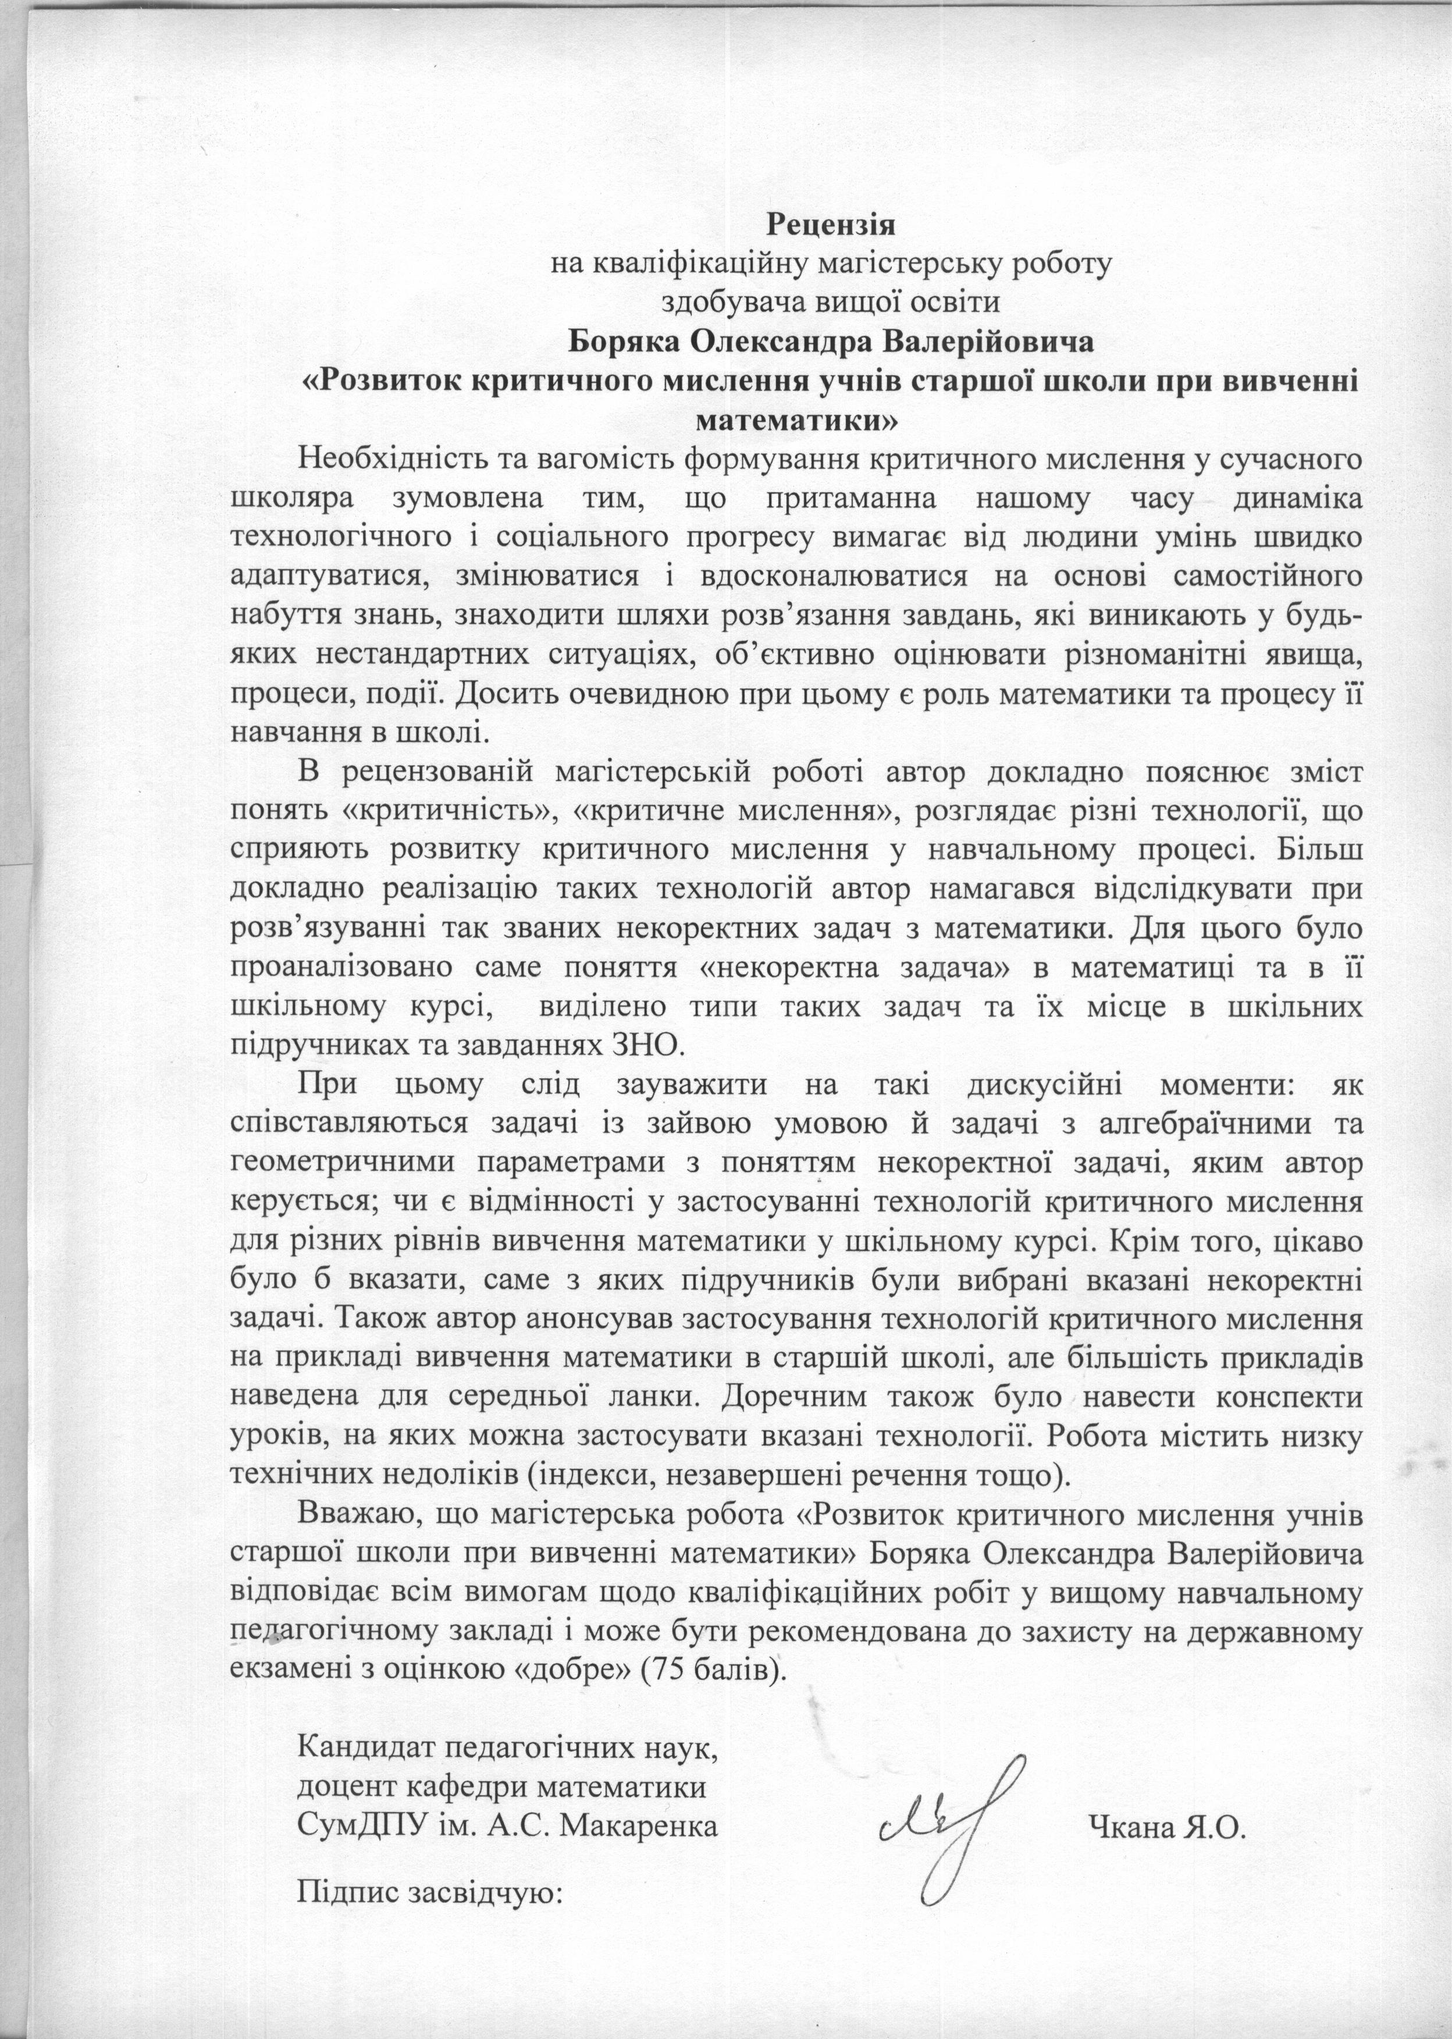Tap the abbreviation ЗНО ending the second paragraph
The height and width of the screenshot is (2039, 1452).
point(641,1043)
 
